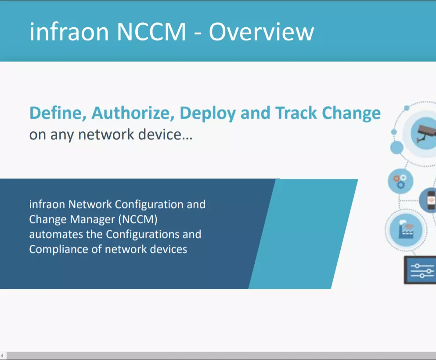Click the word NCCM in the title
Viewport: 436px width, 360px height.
[151, 32]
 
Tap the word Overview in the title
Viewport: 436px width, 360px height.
[261, 32]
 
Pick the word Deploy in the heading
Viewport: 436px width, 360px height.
[208, 113]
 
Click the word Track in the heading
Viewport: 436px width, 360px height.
[296, 113]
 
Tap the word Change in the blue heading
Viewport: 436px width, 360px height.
[351, 113]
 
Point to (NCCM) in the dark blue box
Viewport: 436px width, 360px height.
[138, 219]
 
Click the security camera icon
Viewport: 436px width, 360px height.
[426, 134]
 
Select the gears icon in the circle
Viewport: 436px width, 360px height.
[400, 182]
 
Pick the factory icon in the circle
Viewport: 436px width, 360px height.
[406, 230]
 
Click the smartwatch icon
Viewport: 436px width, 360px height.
[431, 200]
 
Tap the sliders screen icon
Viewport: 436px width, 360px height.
[421, 270]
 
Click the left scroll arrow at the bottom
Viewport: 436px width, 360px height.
[2, 356]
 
